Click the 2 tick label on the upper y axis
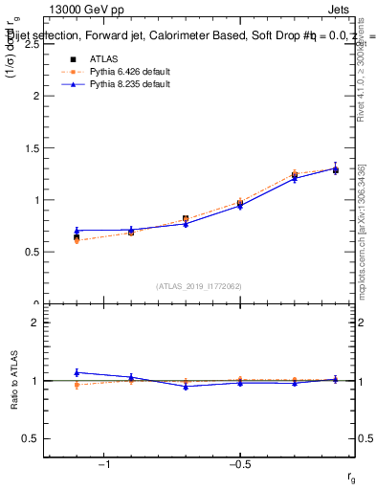coord(34,97)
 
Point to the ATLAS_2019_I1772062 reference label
coord(200,285)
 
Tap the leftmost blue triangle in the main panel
coord(77,231)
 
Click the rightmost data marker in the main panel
coord(335,169)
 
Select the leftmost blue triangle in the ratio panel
coord(77,372)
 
